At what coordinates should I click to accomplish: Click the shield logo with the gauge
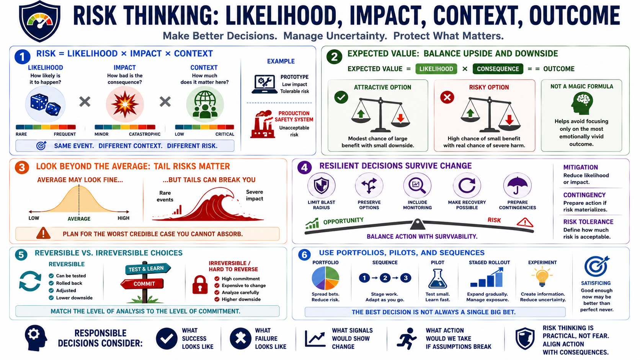[x=39, y=21]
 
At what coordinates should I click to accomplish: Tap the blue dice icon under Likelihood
[x=46, y=105]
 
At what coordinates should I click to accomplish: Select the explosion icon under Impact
[x=125, y=104]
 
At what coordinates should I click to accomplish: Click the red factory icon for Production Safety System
[x=262, y=124]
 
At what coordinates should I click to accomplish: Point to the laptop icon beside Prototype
[x=264, y=84]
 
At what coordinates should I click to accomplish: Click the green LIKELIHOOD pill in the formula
[x=436, y=69]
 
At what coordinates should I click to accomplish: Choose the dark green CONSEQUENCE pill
[x=498, y=69]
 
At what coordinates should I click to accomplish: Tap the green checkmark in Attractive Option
[x=341, y=97]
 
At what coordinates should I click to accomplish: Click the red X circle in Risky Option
[x=447, y=97]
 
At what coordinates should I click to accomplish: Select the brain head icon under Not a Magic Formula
[x=581, y=103]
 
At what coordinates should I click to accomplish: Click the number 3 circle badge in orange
[x=22, y=167]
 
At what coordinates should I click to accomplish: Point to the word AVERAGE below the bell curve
[x=79, y=219]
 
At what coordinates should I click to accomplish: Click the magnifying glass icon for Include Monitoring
[x=417, y=186]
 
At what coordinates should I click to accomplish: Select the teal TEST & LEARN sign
[x=148, y=269]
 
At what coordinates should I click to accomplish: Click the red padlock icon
[x=200, y=285]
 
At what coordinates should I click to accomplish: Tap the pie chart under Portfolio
[x=325, y=278]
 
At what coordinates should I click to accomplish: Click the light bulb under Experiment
[x=542, y=276]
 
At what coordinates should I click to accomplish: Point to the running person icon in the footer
[x=407, y=339]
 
